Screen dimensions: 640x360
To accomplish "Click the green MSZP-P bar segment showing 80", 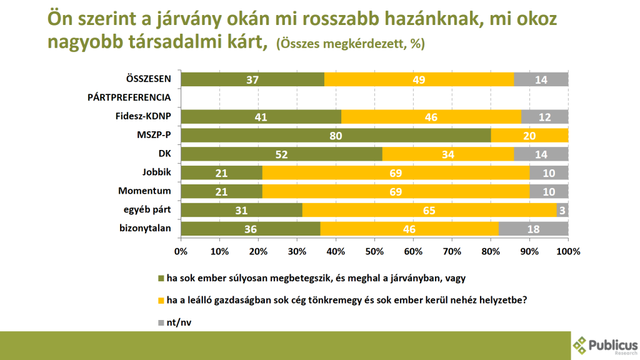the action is (336, 136).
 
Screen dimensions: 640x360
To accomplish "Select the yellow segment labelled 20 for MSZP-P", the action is (530, 136).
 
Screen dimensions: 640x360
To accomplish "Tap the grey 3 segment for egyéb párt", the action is (562, 210).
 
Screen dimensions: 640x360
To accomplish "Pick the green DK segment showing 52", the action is (282, 154).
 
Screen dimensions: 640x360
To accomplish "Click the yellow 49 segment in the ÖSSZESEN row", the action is (419, 79).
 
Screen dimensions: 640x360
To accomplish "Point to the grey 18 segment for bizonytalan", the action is (534, 229).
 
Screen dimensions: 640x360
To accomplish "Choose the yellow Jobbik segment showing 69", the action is (396, 173).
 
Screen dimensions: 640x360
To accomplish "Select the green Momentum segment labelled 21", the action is (222, 192).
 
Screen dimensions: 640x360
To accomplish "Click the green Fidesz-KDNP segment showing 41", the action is (261, 117).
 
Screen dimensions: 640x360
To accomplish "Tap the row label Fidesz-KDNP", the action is (143, 116).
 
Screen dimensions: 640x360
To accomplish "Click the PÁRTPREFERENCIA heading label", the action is (129, 97).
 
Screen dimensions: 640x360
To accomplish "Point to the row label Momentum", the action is (144, 191).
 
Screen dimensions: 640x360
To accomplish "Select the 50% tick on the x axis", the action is (374, 251).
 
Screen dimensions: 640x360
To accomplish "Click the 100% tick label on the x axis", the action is (568, 251).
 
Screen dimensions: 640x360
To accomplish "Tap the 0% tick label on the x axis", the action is (181, 251).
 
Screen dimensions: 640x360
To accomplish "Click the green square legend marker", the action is (161, 278).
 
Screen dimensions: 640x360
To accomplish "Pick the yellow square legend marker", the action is (161, 301).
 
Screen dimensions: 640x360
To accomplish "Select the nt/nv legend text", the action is (179, 322).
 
